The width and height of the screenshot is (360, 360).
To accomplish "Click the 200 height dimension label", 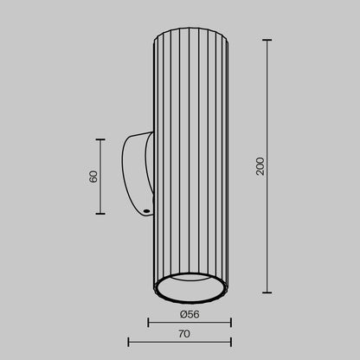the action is pos(260,166).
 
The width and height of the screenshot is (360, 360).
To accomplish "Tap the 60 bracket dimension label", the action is pos(93,177).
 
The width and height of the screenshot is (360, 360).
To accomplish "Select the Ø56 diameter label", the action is pos(190,314).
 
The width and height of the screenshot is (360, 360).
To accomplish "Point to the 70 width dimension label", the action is pos(184,334).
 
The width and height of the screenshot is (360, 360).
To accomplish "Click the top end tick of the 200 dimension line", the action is pos(267,40).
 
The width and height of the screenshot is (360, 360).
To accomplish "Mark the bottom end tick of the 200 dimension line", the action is pos(267,292).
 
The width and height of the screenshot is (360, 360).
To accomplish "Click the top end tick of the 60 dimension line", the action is pos(100,139).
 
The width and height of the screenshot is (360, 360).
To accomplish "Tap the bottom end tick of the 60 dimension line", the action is pos(100,214).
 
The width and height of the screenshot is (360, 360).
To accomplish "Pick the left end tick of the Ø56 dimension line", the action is pos(148,323).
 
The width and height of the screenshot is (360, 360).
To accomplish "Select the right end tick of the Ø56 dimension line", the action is pos(231,323).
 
